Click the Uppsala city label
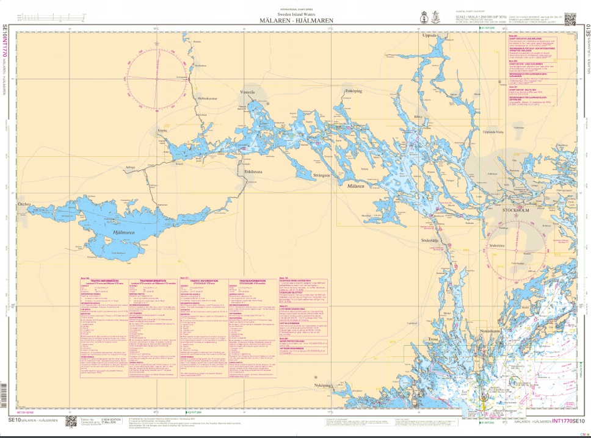[x=432, y=36]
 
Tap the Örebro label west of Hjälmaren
[x=24, y=203]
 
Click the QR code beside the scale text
[x=570, y=18]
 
